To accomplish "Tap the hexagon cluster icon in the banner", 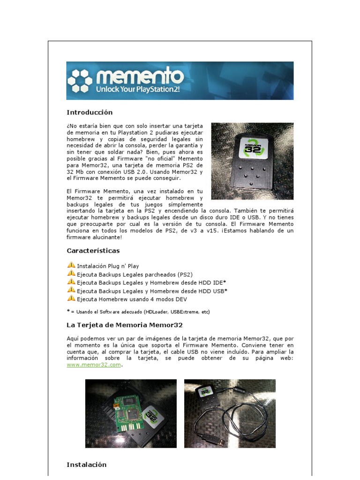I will pos(79,81).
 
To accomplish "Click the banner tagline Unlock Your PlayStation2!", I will pos(137,89).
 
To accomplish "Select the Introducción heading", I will pos(90,112).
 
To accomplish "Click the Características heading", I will pos(93,251).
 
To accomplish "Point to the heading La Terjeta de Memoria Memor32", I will pos(125,324).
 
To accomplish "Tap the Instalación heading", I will pos(87,465).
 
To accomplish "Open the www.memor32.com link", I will pos(94,365).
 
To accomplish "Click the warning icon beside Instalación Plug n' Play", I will pos(71,265).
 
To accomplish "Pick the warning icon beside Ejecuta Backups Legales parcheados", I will pos(71,274).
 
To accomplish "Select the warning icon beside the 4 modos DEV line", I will pos(71,298).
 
